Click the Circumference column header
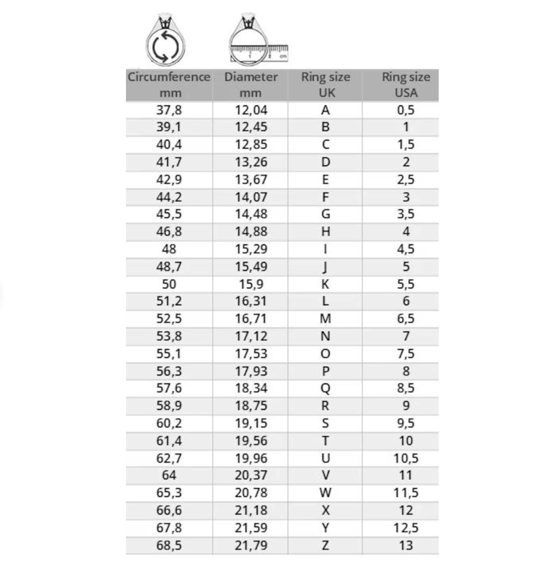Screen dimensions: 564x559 [x=169, y=84]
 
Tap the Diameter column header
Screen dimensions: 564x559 [x=250, y=84]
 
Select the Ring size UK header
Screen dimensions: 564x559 [x=325, y=84]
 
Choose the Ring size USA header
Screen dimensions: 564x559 [x=405, y=84]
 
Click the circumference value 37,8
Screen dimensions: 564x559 [x=169, y=110]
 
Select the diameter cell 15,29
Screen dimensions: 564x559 [x=251, y=249]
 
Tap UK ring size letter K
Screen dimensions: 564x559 [x=325, y=284]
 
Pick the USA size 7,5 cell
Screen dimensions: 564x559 [x=405, y=354]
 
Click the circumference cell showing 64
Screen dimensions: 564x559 [x=169, y=475]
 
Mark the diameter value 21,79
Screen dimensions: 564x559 [x=251, y=545]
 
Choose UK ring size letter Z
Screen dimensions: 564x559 [x=325, y=545]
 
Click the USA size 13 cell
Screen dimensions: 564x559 [x=405, y=545]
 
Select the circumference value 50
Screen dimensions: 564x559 [x=169, y=284]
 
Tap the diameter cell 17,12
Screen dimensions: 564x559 [x=251, y=336]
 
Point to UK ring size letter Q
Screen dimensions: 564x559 [x=325, y=388]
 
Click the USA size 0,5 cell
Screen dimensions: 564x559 [x=405, y=110]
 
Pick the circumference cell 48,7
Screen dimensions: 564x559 [x=169, y=266]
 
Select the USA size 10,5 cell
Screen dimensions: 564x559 [x=405, y=458]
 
